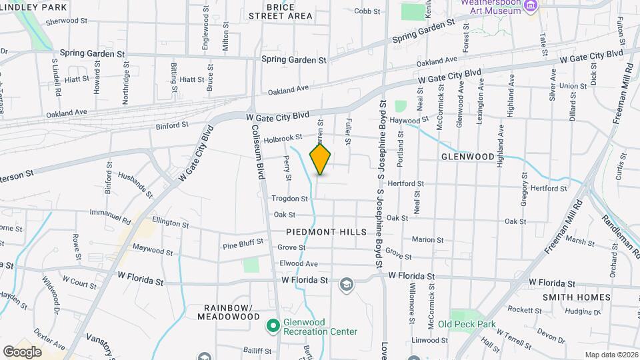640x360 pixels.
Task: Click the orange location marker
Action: tap(321, 159)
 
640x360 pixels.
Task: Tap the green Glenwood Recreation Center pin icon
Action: tap(273, 326)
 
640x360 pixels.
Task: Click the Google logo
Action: tap(22, 351)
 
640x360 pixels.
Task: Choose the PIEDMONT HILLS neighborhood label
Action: tap(326, 232)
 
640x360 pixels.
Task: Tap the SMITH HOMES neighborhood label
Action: tap(576, 297)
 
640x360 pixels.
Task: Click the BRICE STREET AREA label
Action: tap(280, 10)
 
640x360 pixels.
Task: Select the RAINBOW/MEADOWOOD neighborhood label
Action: tap(228, 312)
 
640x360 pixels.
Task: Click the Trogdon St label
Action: tap(290, 199)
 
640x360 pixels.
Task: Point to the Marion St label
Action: tap(427, 240)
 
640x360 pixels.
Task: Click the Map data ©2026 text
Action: tap(611, 355)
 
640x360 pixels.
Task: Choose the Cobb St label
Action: tap(367, 11)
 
